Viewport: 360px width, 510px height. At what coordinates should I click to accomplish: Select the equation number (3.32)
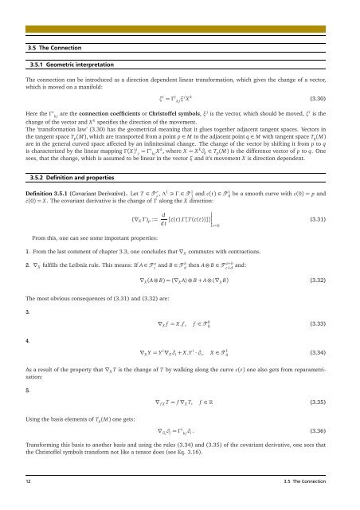pyautogui.click(x=325, y=280)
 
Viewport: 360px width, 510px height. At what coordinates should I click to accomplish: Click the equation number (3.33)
pyautogui.click(x=325, y=324)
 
